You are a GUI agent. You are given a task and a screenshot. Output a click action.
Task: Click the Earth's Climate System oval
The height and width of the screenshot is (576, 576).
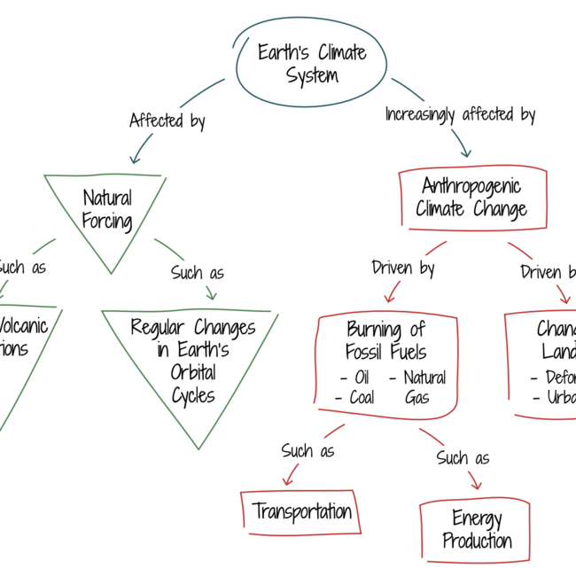pos(311,64)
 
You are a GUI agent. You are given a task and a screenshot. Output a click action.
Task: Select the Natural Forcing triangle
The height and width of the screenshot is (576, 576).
pos(107,209)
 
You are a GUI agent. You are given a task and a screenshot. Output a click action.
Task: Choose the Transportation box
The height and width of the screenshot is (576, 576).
pos(301,511)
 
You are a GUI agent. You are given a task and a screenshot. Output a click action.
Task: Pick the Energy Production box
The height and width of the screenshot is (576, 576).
pos(477,529)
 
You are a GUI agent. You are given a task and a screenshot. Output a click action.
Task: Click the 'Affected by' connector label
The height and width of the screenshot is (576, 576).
pos(167,121)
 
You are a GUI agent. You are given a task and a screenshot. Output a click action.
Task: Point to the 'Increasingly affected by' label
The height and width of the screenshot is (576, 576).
pos(460,114)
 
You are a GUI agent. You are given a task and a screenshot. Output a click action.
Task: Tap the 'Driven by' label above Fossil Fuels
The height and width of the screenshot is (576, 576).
pos(402,268)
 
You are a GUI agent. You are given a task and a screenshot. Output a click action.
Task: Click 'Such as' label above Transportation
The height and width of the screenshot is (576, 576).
pos(307,451)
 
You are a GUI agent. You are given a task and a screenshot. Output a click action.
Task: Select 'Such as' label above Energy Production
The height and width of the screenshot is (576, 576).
pos(463,458)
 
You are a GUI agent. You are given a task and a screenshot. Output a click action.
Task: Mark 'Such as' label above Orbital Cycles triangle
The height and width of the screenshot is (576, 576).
pos(198,272)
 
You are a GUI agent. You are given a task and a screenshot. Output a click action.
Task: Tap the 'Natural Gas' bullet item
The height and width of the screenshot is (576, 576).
pos(424,388)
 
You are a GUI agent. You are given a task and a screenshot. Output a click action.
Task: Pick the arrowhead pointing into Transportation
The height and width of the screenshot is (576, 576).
pos(286,481)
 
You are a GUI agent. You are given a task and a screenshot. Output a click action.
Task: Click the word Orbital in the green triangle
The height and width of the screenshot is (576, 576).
pos(193,372)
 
